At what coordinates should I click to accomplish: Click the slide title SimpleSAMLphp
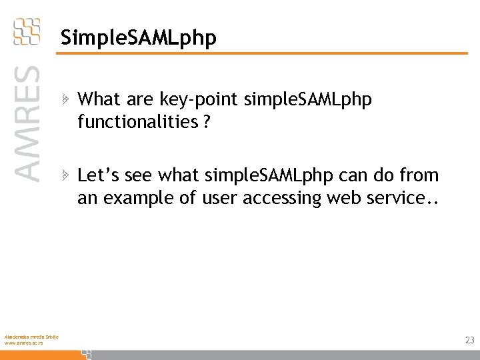(138, 39)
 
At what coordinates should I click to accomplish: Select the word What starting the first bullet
(97, 100)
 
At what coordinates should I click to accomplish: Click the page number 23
(469, 340)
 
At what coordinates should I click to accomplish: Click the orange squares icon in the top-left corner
(27, 31)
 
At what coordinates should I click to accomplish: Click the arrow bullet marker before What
(65, 100)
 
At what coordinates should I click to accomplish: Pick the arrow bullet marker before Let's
(65, 176)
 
